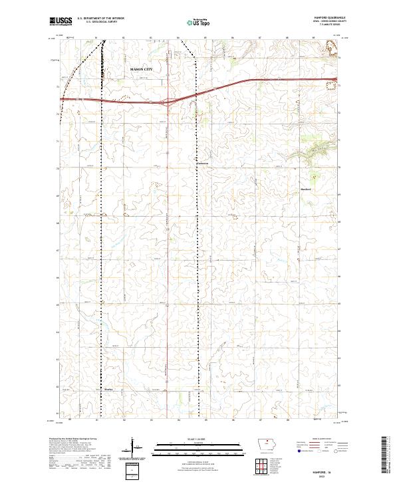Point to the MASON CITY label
141,68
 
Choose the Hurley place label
110,390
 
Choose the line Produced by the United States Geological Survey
74,440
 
